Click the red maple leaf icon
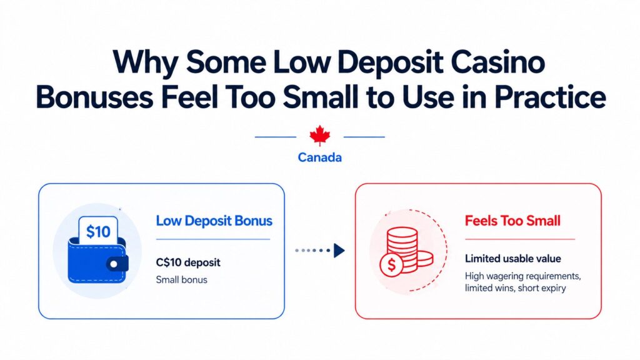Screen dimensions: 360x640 [x=319, y=136]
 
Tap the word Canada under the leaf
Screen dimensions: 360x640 [x=319, y=157]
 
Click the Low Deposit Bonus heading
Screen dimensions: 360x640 [x=214, y=221]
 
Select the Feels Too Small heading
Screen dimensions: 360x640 [x=512, y=221]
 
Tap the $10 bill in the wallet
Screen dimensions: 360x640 [x=98, y=232]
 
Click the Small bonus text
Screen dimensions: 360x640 [x=181, y=279]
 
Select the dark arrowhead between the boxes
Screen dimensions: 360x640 [x=339, y=251]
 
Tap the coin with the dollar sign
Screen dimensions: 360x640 [x=392, y=264]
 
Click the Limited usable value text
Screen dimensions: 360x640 [x=513, y=259]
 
